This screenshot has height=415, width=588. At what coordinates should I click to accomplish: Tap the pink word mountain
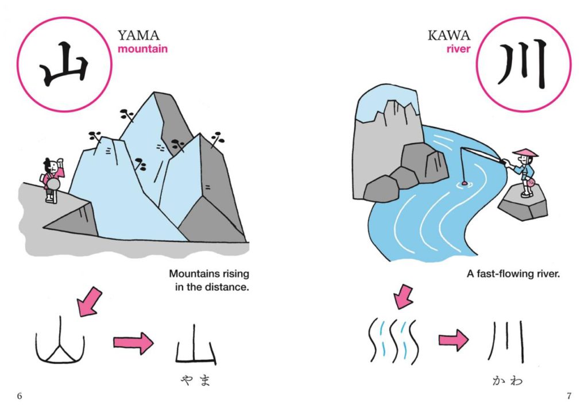pos(142,49)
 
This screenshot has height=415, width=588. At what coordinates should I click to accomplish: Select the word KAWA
pos(448,36)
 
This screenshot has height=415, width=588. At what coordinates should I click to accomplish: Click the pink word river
pos(458,49)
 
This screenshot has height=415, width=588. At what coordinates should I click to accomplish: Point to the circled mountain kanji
pos(64,64)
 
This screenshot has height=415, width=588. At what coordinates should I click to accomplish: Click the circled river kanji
pos(523,64)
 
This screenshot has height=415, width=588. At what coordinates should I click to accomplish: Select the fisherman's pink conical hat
pos(525,153)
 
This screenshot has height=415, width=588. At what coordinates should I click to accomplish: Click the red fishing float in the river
pos(462,183)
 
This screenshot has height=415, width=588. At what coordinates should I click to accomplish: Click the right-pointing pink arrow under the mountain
pos(133,344)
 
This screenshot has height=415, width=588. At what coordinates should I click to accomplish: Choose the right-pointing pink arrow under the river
pos(454,341)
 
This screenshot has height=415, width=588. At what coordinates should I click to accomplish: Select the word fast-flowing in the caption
pos(502,274)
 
